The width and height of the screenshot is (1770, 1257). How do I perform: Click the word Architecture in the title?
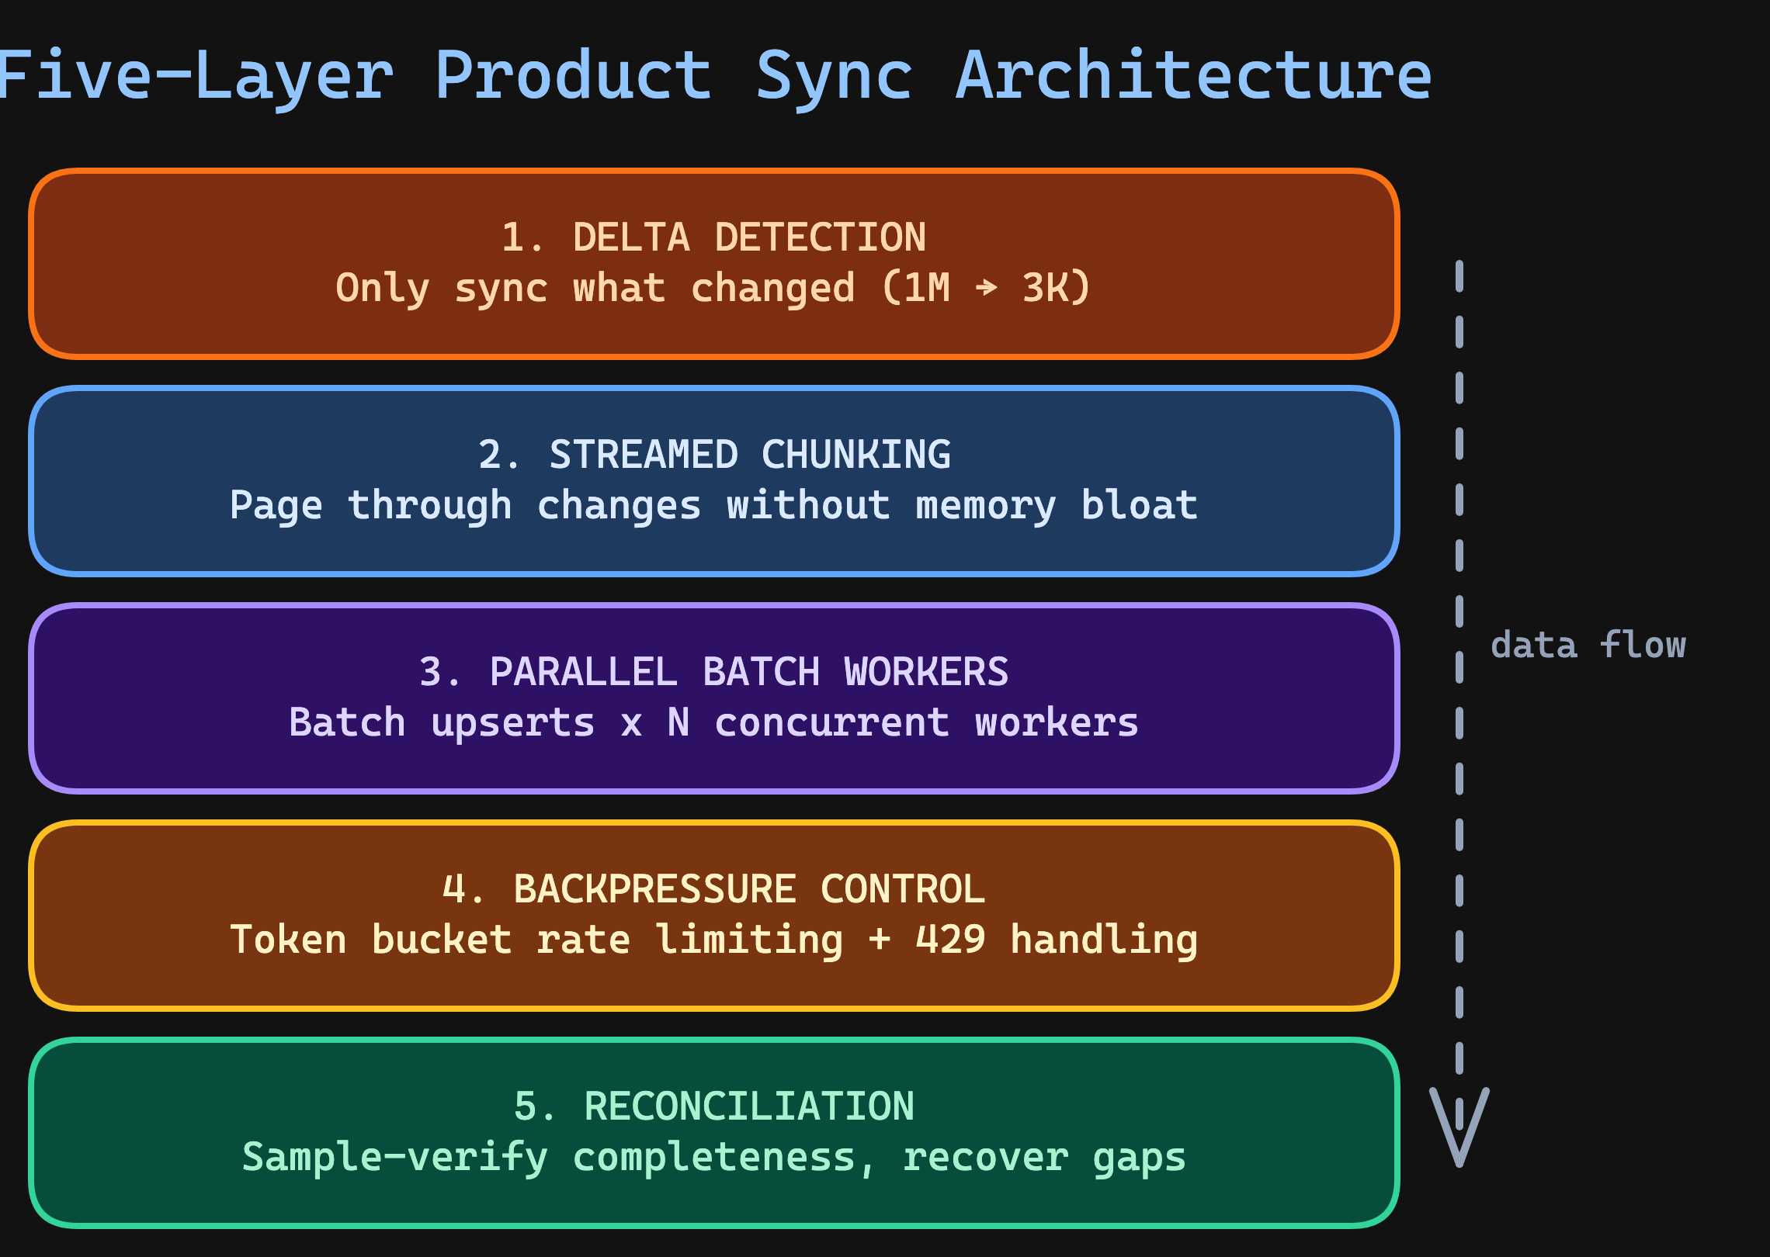[x=1193, y=75]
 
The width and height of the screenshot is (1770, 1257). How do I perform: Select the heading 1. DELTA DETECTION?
[x=713, y=237]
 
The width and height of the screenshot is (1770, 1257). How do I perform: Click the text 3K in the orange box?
[x=1045, y=288]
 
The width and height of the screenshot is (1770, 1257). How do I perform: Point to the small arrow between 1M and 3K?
[x=986, y=288]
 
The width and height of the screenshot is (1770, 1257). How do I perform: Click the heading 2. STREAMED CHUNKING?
[x=713, y=455]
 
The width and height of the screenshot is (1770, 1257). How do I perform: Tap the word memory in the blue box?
[x=985, y=506]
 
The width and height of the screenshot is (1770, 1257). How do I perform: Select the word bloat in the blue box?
[x=1139, y=505]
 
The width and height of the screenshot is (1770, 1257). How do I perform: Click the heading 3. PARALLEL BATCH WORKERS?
[x=713, y=672]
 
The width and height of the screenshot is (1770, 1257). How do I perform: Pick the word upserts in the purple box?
[x=512, y=723]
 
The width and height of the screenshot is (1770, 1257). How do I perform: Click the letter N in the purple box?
[x=678, y=722]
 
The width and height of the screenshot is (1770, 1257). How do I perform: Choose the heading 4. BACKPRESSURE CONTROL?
[x=713, y=889]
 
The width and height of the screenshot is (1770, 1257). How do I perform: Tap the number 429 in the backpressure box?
[x=950, y=940]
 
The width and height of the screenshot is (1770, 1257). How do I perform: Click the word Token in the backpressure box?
[x=288, y=940]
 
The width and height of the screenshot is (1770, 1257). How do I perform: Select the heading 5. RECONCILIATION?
[x=713, y=1106]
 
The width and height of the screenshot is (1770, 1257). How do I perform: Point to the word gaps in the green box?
[x=1139, y=1158]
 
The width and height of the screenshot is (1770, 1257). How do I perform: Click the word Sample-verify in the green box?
[x=394, y=1158]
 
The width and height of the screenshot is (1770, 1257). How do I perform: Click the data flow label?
[x=1588, y=646]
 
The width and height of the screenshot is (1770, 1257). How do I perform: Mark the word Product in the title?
[x=573, y=75]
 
